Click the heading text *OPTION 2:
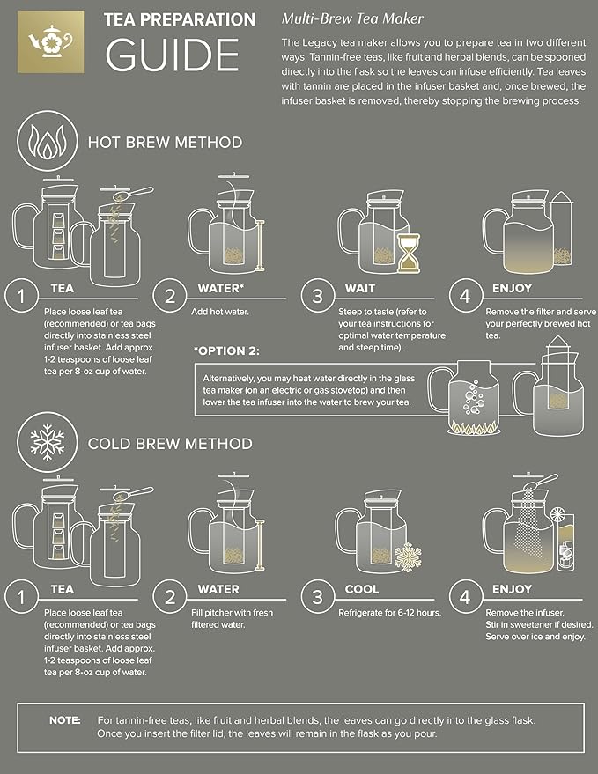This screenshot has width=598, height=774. pyautogui.click(x=226, y=351)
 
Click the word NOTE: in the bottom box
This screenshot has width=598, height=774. pyautogui.click(x=64, y=720)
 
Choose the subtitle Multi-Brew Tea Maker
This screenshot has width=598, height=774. pyautogui.click(x=352, y=18)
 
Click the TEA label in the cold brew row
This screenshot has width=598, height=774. pyautogui.click(x=62, y=588)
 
